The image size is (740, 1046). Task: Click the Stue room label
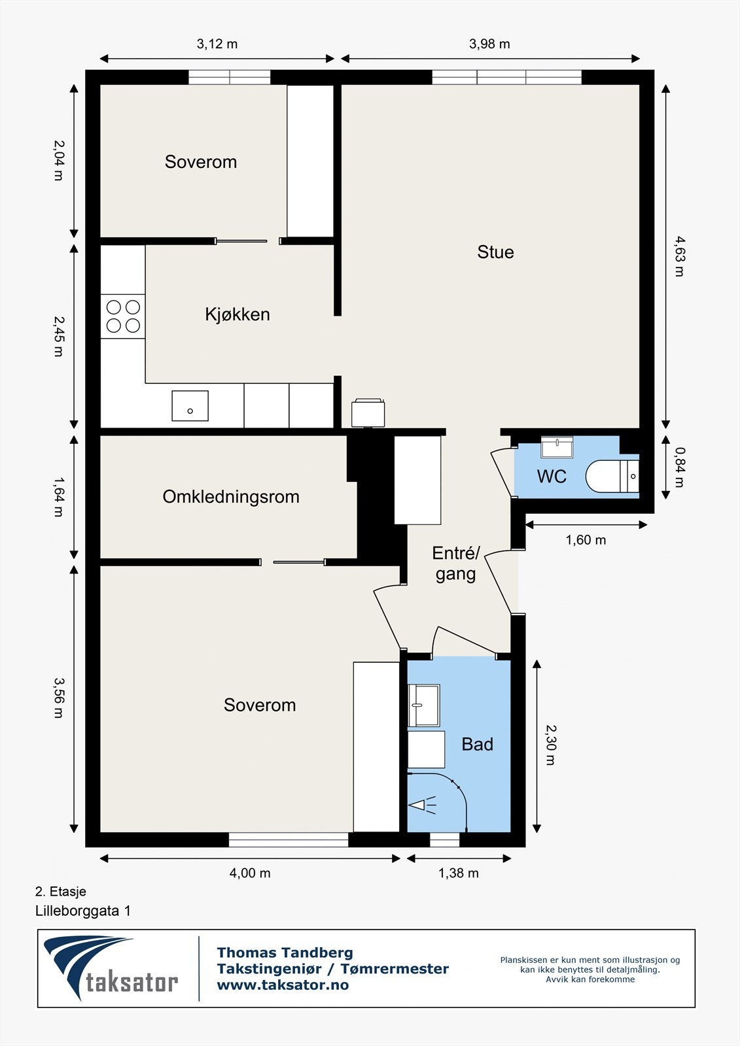(495, 252)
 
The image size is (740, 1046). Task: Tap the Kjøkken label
(238, 314)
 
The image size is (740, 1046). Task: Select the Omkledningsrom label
(231, 497)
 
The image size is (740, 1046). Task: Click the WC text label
(552, 477)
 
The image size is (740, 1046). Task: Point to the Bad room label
(477, 745)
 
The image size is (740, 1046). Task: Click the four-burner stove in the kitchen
(123, 316)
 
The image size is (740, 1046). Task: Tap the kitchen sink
(190, 406)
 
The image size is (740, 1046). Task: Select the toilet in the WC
(612, 476)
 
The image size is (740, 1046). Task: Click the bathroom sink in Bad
(424, 705)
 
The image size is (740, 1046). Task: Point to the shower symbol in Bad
(423, 805)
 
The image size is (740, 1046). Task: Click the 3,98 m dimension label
(489, 44)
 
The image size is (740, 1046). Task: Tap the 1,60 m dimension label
(586, 540)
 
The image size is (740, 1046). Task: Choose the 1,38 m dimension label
(458, 873)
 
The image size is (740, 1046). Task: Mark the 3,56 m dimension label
(58, 698)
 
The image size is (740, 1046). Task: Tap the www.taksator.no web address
(283, 985)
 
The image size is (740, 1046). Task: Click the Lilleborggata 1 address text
(83, 911)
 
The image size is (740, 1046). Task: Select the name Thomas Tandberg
(285, 953)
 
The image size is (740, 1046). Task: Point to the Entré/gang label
(456, 564)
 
